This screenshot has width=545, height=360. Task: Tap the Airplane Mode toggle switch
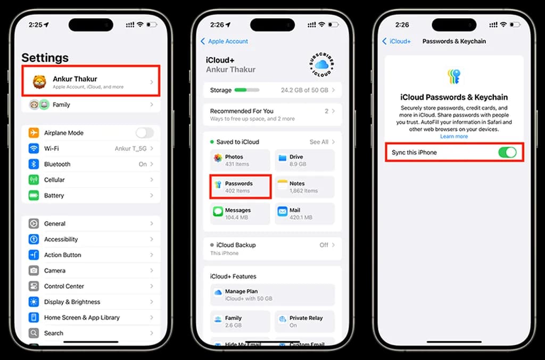(144, 133)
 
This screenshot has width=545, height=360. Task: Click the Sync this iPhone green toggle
(507, 153)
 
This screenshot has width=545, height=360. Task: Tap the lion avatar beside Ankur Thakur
(39, 81)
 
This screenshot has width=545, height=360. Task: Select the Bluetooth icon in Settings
(34, 164)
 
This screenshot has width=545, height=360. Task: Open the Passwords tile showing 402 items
(241, 187)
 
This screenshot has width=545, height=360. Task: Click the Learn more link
(454, 137)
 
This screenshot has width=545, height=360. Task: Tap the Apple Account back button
(224, 41)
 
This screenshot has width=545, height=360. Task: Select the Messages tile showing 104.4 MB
(241, 213)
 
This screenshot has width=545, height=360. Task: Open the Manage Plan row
(272, 295)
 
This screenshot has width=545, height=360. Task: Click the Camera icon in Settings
(34, 271)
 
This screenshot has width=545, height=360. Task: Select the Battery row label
(54, 196)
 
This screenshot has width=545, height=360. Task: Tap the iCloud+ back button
(397, 41)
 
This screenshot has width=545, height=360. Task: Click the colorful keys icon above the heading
(454, 77)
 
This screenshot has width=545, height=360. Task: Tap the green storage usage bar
(246, 90)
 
